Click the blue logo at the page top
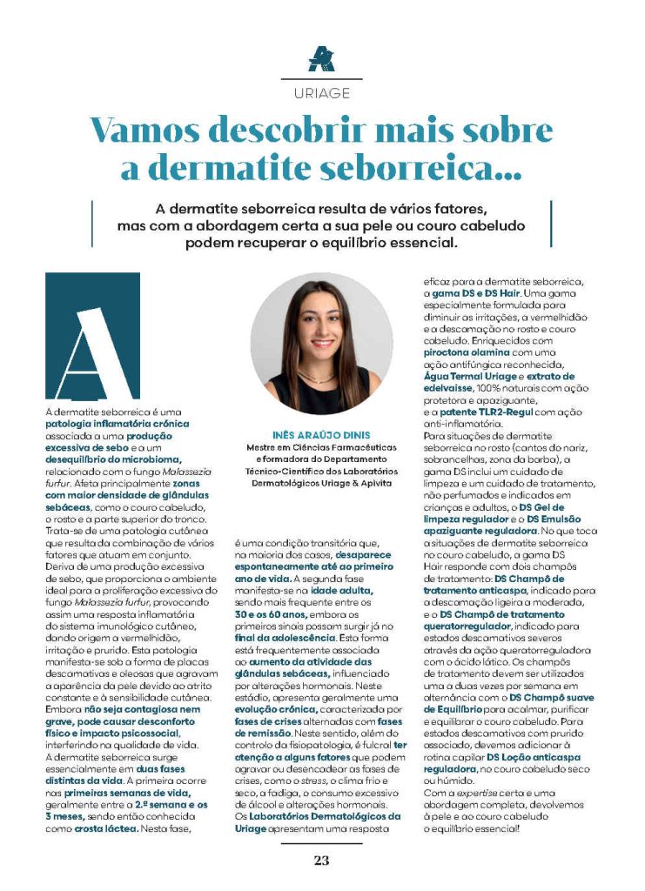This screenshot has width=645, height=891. pyautogui.click(x=322, y=59)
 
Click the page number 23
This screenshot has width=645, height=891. pyautogui.click(x=322, y=861)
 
